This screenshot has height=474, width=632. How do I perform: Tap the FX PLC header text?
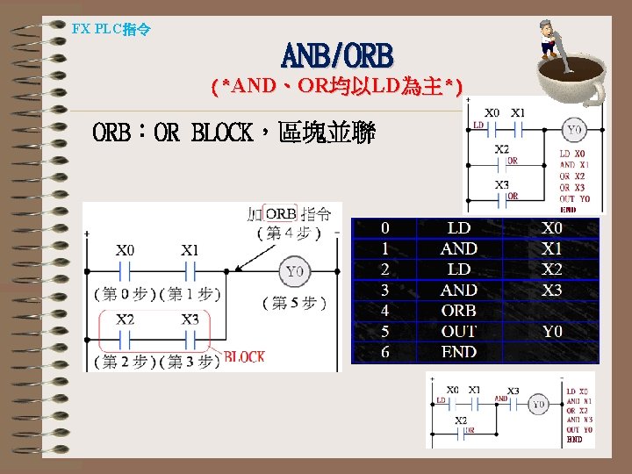point(111,29)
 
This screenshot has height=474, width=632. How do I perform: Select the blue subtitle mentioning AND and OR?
point(338,87)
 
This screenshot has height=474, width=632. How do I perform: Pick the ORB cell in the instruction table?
point(459,311)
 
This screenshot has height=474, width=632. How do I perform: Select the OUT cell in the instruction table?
point(459,332)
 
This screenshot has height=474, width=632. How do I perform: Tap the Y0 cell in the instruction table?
point(552,332)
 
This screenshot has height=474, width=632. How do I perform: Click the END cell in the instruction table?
point(459,352)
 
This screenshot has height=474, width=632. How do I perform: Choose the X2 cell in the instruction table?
point(552,269)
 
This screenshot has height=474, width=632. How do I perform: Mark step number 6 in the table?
point(384,352)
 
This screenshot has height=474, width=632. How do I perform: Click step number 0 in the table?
point(384,228)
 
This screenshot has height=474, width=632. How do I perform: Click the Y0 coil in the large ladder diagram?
point(295,271)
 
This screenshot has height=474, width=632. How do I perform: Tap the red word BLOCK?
point(245,357)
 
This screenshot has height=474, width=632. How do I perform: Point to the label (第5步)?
point(295,303)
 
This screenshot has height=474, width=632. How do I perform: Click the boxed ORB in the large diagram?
point(281,214)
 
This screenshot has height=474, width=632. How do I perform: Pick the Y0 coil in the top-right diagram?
point(573,132)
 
